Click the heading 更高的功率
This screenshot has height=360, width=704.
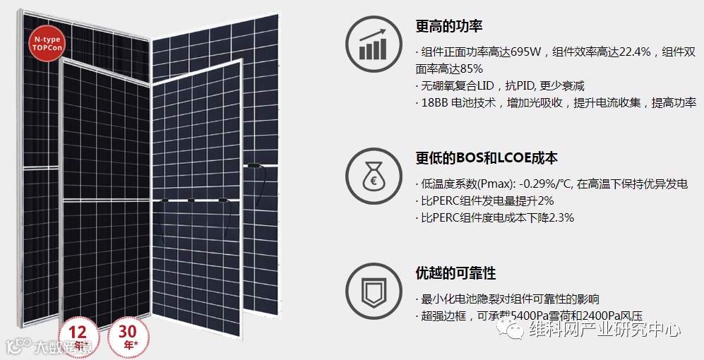tap(449, 27)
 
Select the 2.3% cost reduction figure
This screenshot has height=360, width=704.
tap(558, 217)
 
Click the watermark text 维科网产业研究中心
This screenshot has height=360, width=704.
tap(605, 329)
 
